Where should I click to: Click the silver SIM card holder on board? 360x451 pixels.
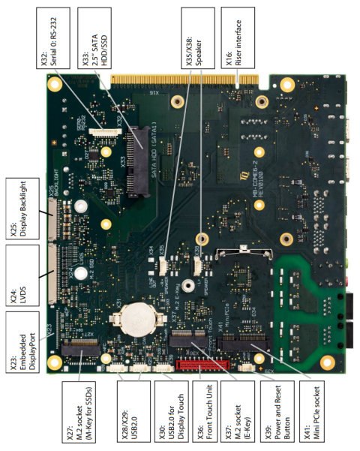tap(240, 270)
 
